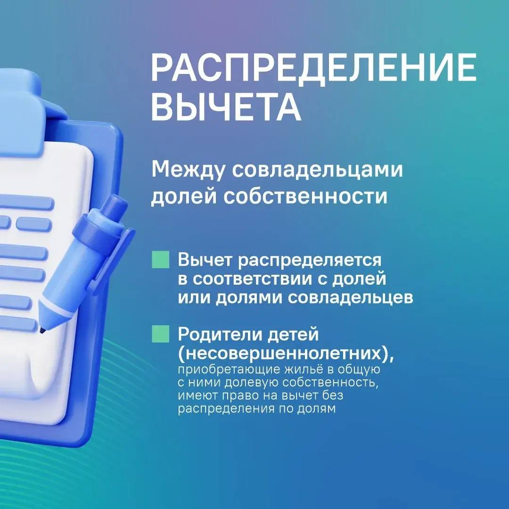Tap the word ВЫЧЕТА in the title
[226, 107]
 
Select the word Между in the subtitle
[188, 170]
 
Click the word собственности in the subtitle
[305, 197]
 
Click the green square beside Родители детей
[161, 334]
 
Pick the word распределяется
[310, 261]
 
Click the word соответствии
[252, 279]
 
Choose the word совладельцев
[351, 298]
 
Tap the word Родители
[219, 334]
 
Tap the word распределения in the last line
[226, 409]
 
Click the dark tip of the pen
[42, 330]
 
